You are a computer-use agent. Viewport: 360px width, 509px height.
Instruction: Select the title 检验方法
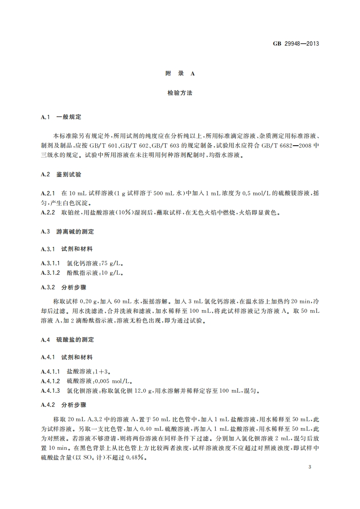click(x=180, y=93)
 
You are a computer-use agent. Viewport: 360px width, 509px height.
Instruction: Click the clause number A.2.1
click(x=48, y=194)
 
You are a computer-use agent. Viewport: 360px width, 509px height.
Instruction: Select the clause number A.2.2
click(x=48, y=212)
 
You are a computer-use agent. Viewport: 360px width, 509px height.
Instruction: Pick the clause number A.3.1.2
click(x=50, y=273)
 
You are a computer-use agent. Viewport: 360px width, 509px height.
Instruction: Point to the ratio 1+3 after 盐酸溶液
click(x=104, y=371)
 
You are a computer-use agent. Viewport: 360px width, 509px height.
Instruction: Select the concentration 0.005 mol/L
click(x=119, y=381)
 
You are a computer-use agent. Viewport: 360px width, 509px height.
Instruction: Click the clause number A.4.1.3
click(x=50, y=391)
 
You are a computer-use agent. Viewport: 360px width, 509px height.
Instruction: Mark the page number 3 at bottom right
click(x=309, y=467)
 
